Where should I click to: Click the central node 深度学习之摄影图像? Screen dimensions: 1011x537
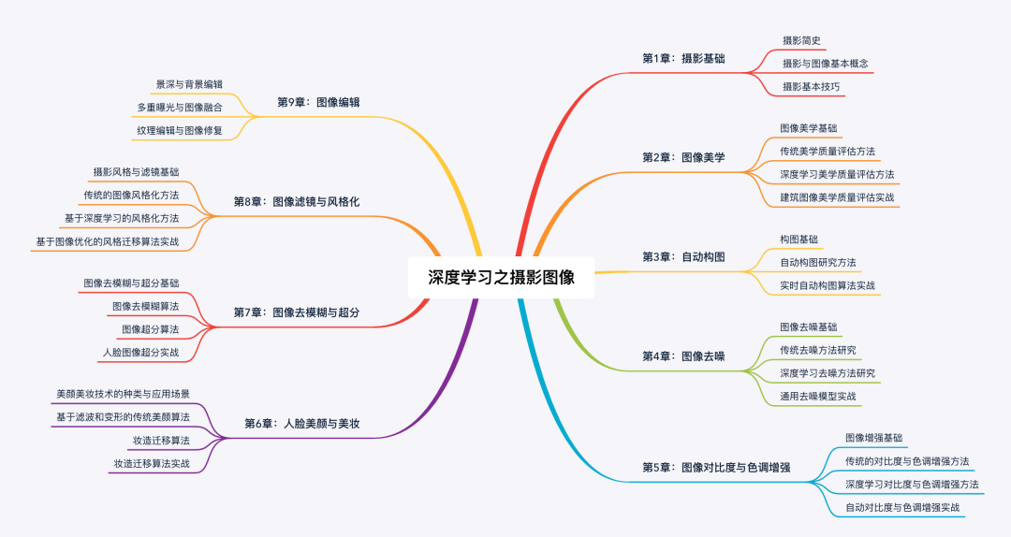501,277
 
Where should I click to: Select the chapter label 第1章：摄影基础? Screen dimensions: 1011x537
683,58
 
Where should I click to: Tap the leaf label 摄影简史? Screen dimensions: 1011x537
801,40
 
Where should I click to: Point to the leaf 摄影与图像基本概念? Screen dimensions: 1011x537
826,64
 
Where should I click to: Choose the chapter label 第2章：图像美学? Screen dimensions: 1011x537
683,157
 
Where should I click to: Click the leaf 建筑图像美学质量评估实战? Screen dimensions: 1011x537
837,197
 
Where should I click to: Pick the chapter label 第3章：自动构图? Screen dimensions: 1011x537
683,256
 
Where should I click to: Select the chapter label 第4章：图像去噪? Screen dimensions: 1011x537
683,356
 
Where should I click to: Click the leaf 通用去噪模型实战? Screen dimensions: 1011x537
818,396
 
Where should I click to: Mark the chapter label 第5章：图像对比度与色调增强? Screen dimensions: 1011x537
716,466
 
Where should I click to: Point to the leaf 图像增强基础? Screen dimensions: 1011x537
874,437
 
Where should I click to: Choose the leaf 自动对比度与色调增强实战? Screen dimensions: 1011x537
902,507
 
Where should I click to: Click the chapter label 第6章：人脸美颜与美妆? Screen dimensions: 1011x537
302,424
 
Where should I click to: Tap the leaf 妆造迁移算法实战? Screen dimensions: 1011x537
152,463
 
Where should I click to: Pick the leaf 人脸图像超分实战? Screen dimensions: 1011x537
140,353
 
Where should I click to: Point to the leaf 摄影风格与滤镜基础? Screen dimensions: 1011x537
136,172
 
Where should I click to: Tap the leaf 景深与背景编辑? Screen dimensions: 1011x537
189,84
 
